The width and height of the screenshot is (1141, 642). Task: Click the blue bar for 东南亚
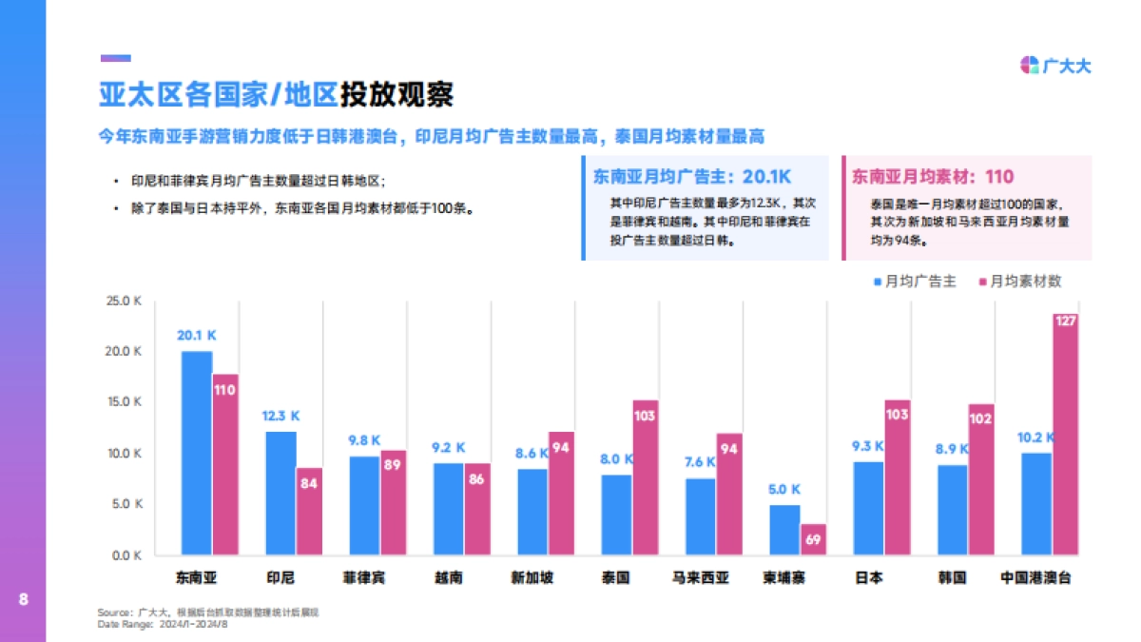pos(197,453)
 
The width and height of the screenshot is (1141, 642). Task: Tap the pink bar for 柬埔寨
pos(813,539)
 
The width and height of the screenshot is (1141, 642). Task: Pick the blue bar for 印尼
pos(280,493)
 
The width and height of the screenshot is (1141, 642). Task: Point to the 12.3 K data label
pos(280,416)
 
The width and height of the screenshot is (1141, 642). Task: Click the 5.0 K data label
pos(784,489)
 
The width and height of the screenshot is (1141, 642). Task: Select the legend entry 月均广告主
pos(914,282)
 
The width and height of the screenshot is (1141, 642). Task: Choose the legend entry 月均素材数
pos(1018,282)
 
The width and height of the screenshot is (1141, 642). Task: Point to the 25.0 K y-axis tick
pos(124,301)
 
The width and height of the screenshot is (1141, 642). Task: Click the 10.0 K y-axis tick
pos(124,454)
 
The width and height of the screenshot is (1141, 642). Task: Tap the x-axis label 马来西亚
pos(700,577)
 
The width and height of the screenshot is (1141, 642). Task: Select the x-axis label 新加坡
pos(532,577)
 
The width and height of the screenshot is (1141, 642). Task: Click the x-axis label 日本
pos(868,577)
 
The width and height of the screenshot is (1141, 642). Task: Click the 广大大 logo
pos(1055,66)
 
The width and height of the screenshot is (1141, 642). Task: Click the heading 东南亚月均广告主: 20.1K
pos(691,177)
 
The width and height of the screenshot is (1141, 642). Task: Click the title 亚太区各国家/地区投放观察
pos(276,95)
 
